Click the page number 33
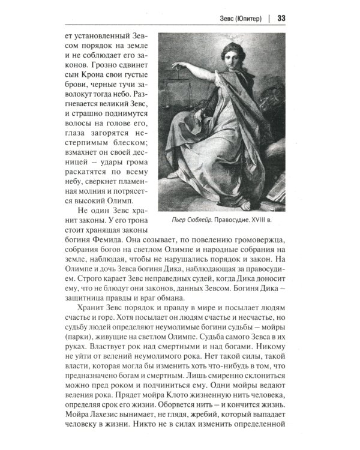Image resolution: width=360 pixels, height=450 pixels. click(281, 17)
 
